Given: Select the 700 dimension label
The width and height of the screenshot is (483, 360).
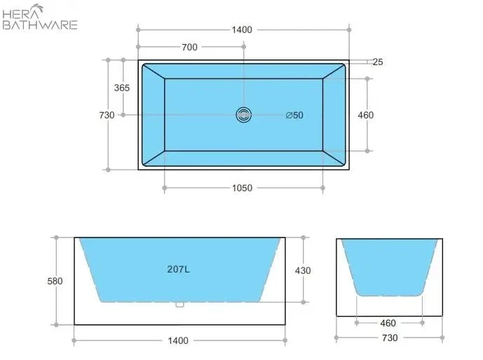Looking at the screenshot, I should (189, 47).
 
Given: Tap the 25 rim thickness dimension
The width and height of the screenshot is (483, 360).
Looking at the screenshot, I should (377, 62).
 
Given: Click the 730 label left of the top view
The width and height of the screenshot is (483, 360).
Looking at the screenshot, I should (107, 116).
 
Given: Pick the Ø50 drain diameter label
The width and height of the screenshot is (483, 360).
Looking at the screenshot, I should (294, 116).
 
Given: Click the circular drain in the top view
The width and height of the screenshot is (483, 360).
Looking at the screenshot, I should (243, 115).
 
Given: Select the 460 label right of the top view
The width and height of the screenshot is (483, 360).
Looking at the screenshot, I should (365, 115).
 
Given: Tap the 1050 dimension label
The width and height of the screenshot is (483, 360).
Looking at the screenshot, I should (242, 188).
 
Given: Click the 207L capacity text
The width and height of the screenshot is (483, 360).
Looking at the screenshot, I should (178, 269).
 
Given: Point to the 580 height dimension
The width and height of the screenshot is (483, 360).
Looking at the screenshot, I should (55, 281).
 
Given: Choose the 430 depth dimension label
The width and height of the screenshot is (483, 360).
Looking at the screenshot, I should (303, 270).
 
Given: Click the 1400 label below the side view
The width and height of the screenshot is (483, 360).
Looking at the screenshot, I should (179, 341).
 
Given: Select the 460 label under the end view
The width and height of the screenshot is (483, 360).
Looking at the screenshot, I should (388, 323).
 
